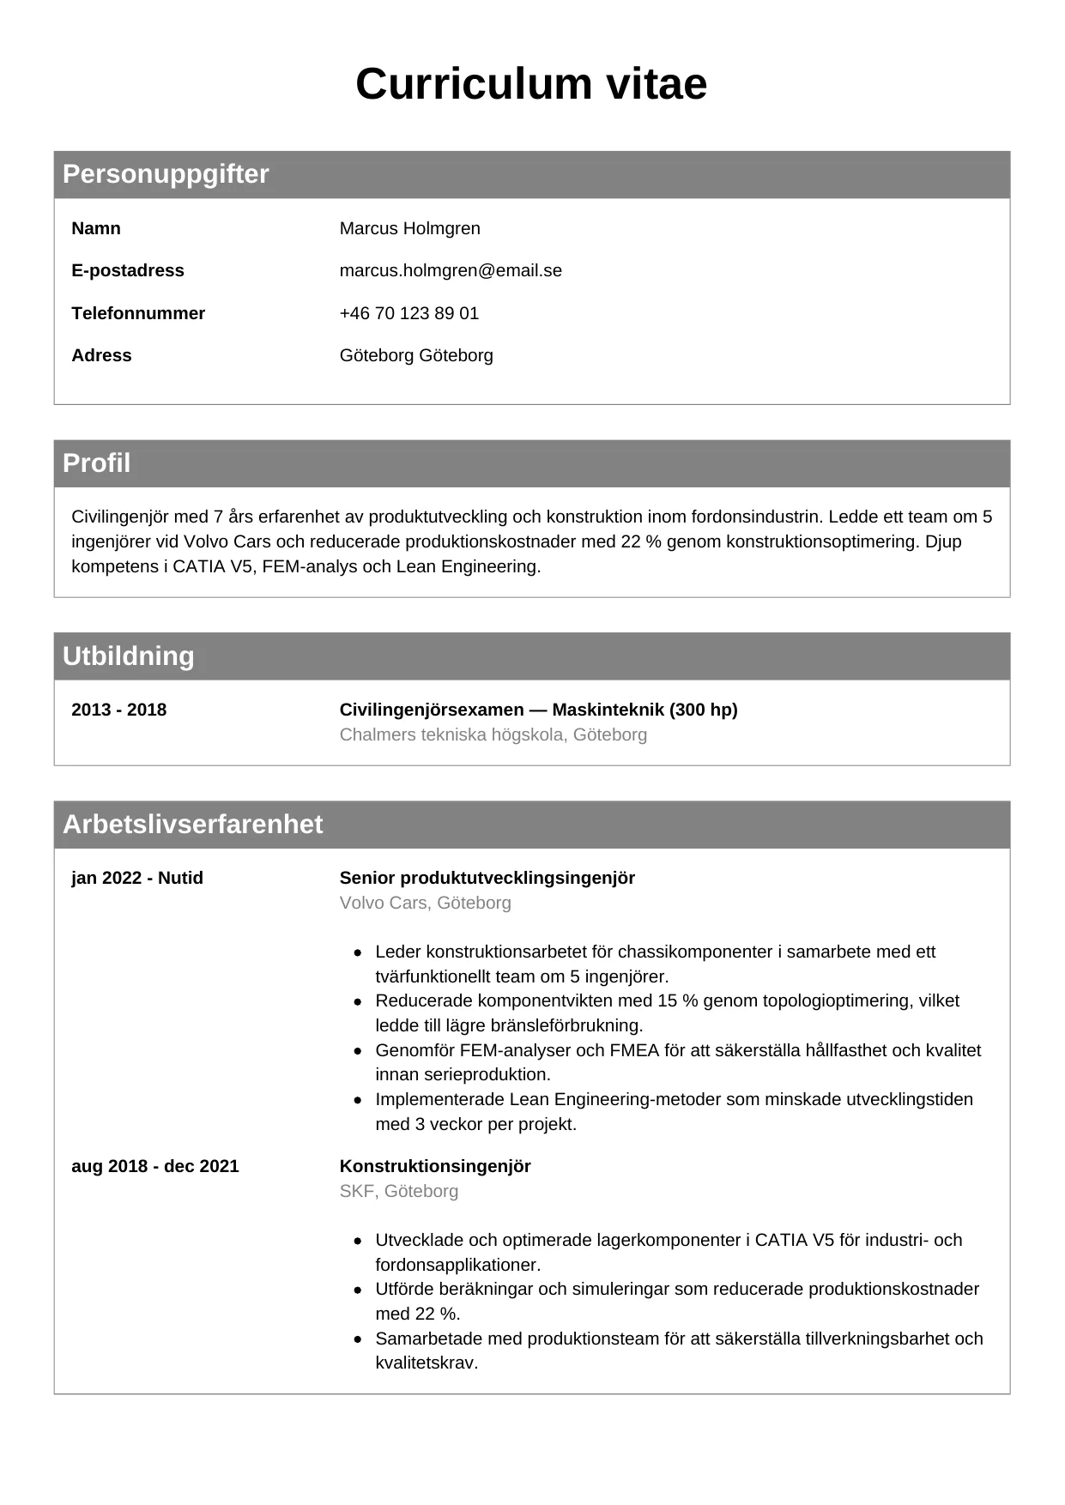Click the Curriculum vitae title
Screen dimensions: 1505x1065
point(531,84)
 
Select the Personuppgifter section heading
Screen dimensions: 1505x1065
point(166,174)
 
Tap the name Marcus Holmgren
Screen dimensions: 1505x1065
point(409,228)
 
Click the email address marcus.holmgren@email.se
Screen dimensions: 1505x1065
point(451,270)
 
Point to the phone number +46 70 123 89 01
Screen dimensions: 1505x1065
point(408,313)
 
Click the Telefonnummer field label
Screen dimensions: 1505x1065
point(138,313)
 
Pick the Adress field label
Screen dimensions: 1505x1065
point(101,355)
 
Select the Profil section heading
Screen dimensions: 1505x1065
point(96,463)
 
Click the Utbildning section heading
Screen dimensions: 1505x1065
point(129,656)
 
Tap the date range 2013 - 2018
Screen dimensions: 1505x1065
point(118,710)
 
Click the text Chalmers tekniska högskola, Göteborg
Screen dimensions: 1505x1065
point(493,734)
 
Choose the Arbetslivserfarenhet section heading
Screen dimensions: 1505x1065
point(192,825)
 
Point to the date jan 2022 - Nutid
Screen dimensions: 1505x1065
point(137,878)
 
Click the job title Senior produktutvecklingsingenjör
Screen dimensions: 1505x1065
point(487,878)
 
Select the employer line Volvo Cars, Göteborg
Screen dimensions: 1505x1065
point(425,903)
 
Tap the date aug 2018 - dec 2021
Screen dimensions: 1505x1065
point(154,1166)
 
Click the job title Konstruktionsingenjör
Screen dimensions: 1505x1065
point(435,1166)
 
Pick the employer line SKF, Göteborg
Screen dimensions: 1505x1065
point(398,1191)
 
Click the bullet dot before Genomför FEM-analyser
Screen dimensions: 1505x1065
point(358,1051)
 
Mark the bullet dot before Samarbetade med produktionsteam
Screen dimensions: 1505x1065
point(358,1339)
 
